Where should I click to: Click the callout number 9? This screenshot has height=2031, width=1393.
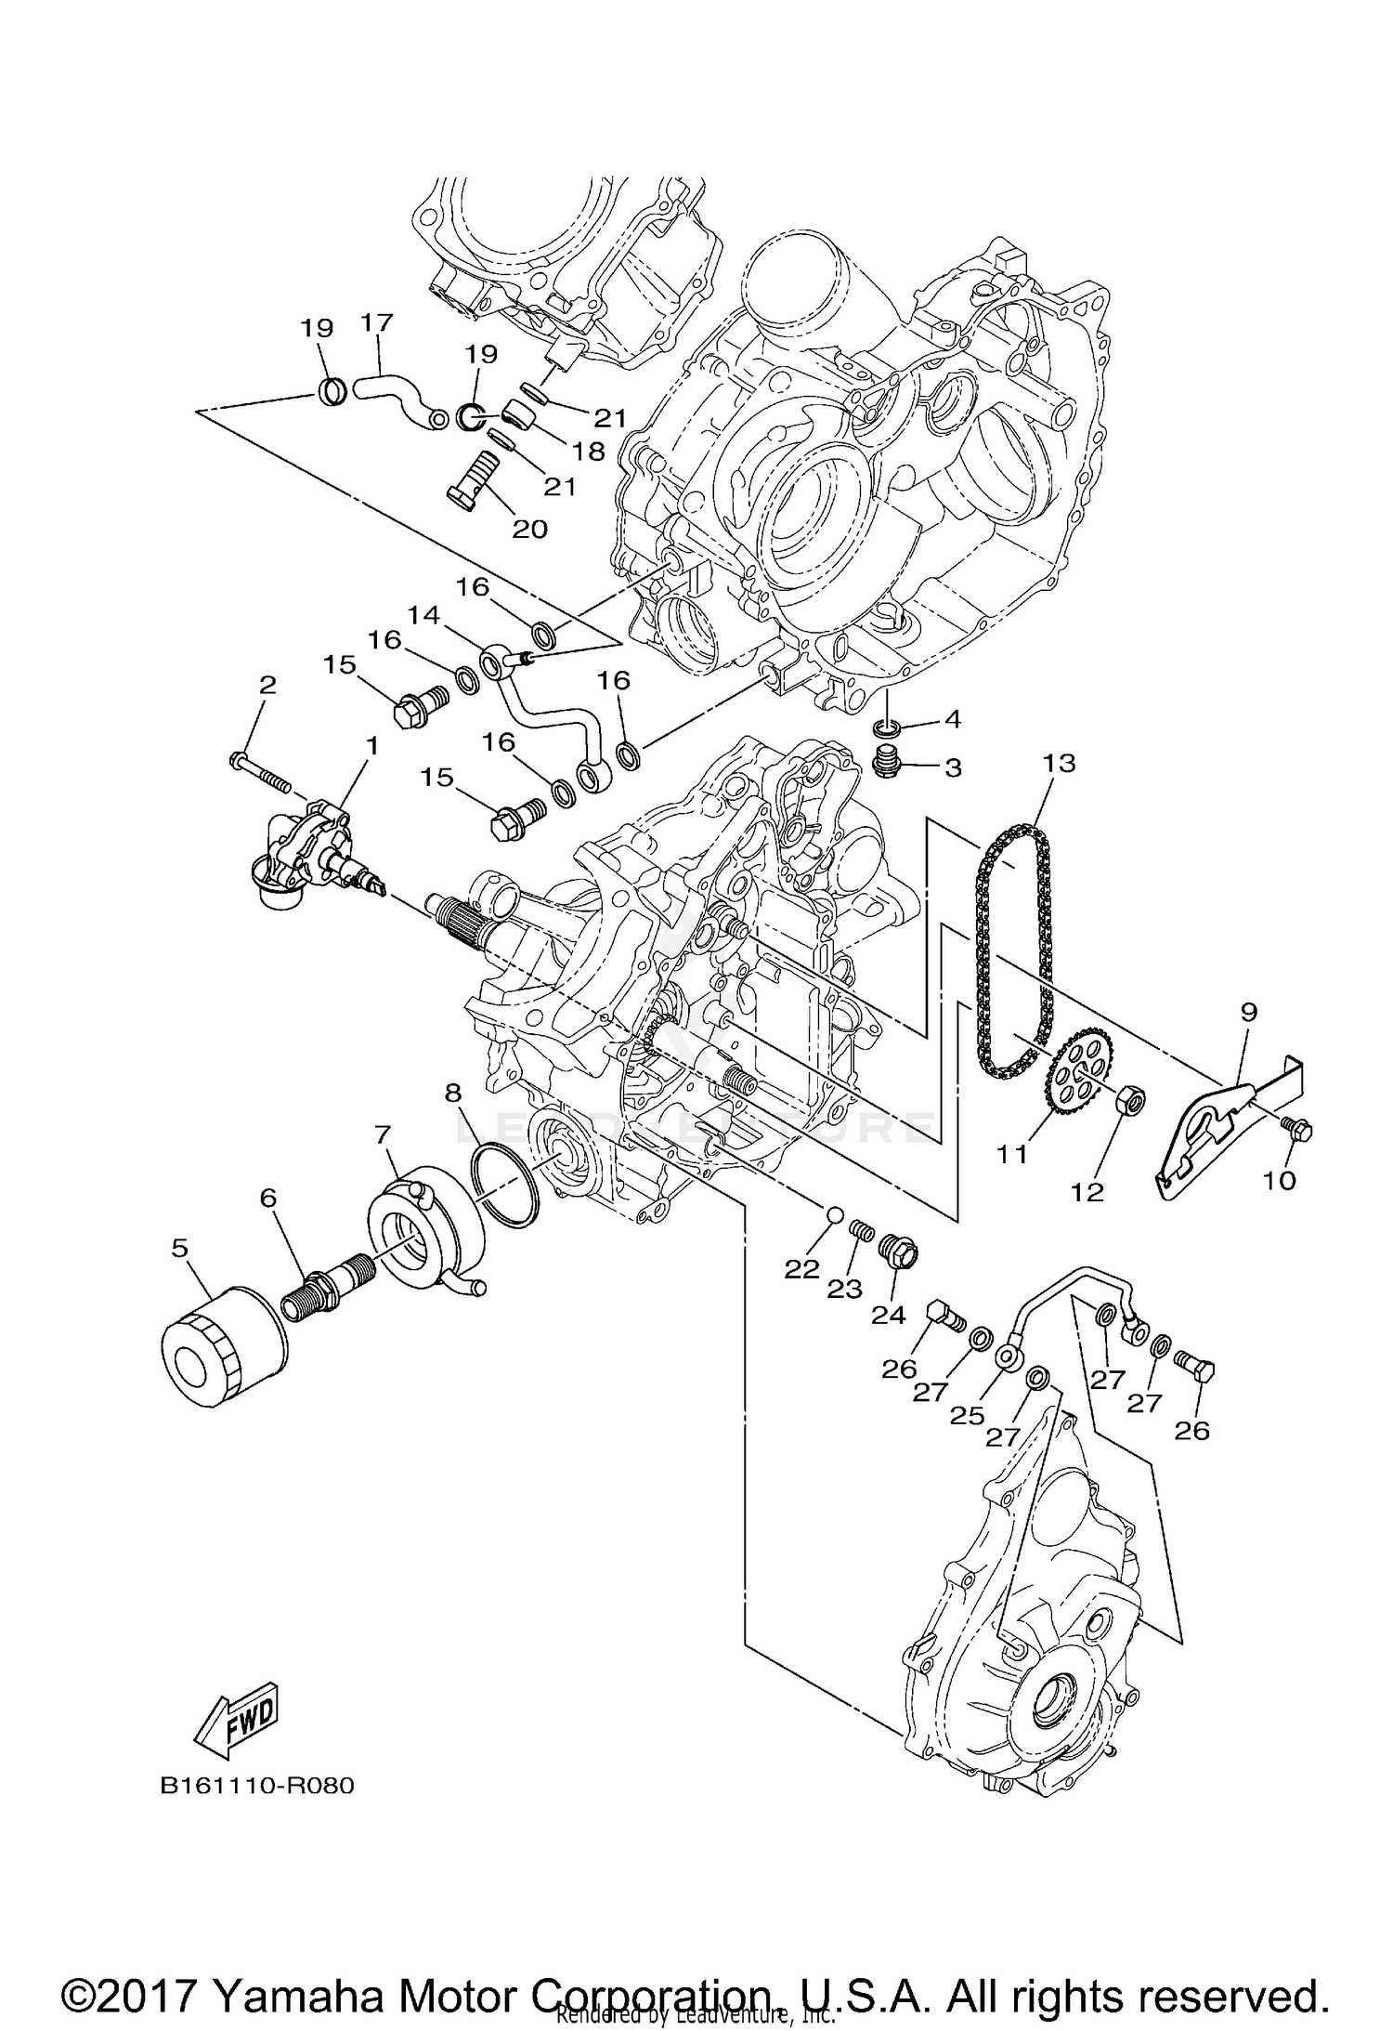point(1248,1011)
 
